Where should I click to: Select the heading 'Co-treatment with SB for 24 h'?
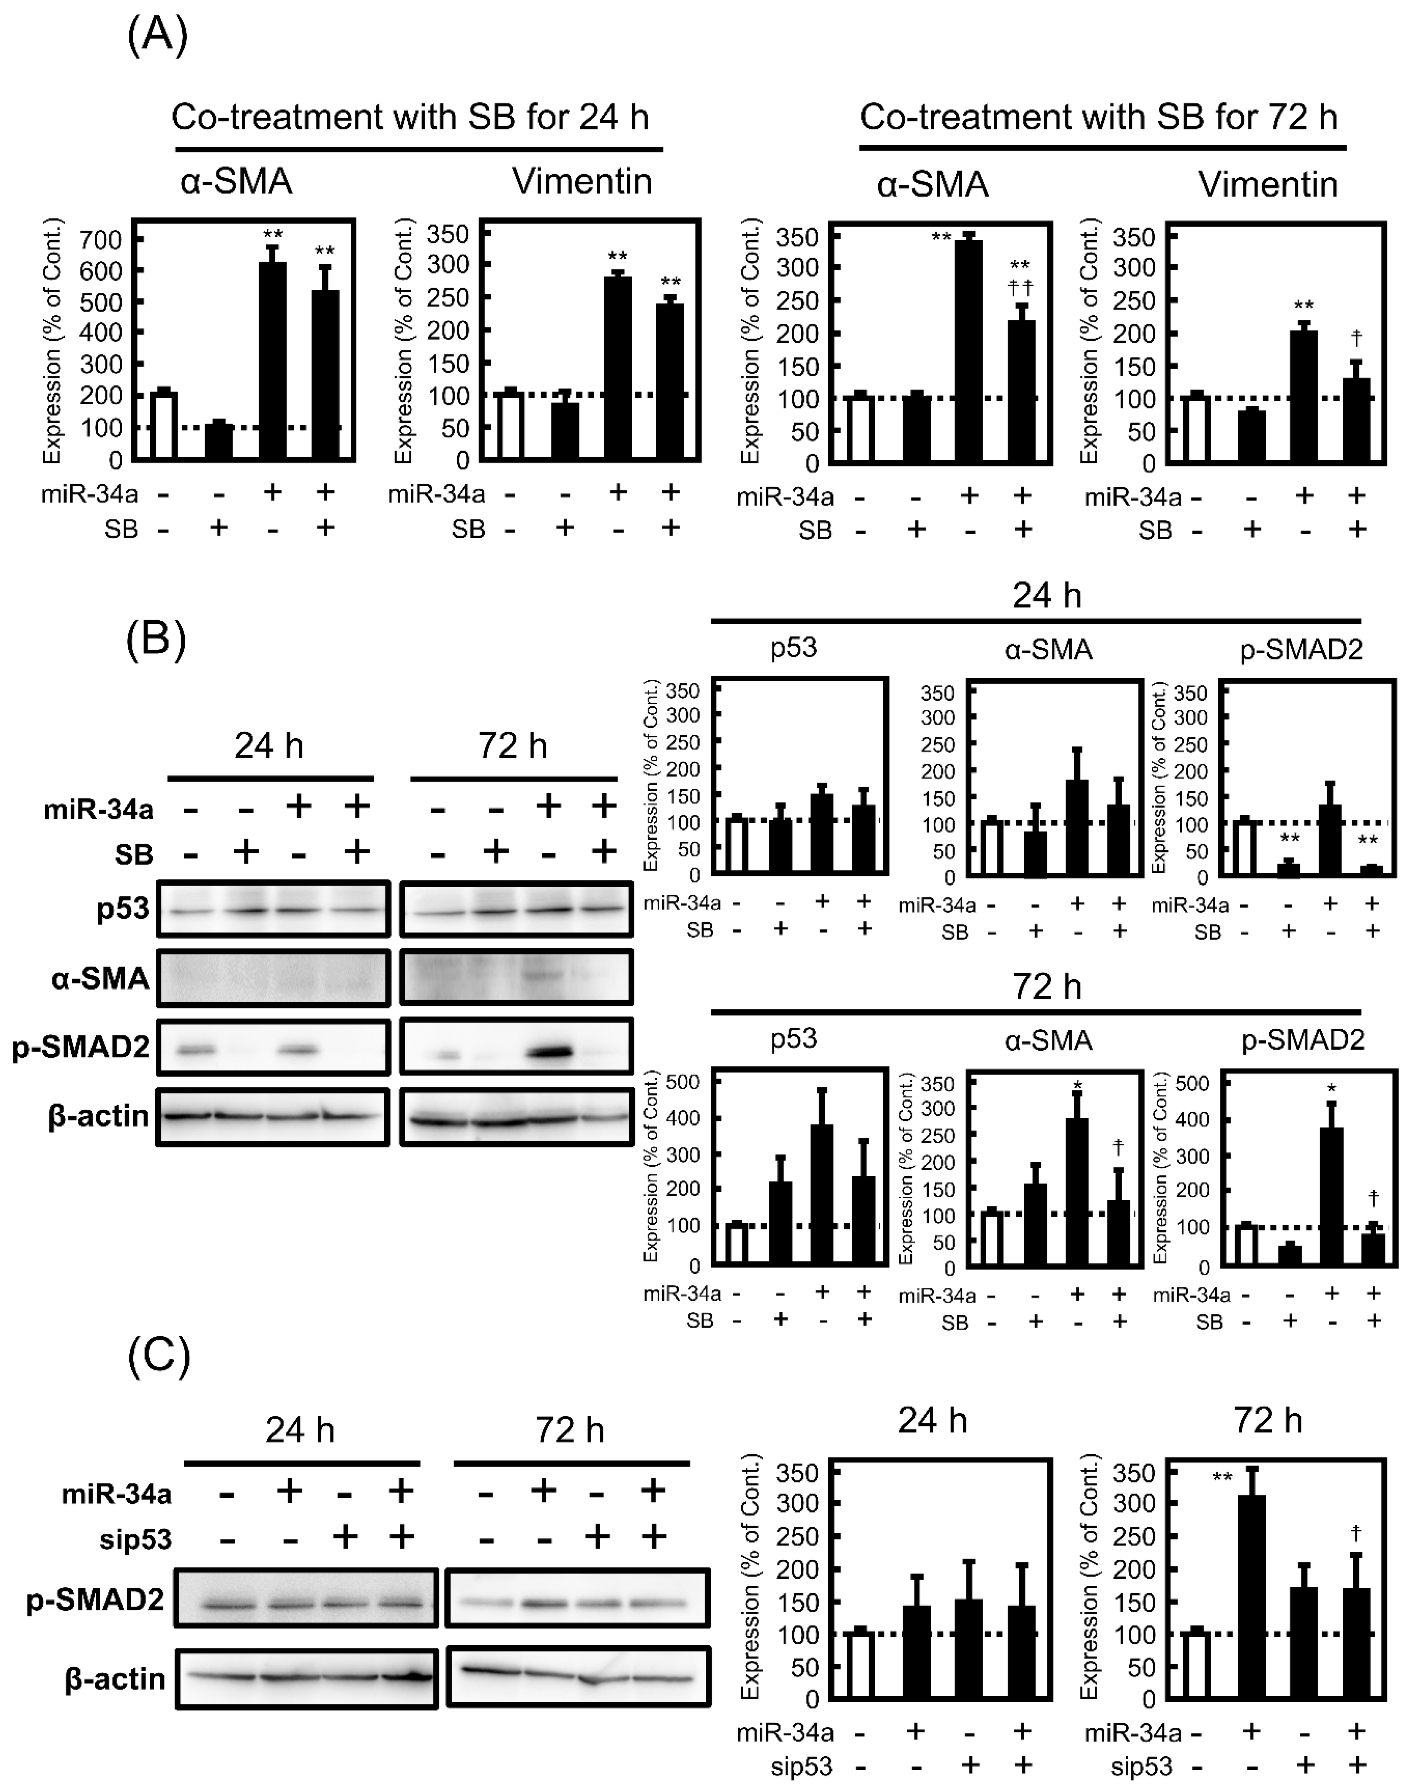410,117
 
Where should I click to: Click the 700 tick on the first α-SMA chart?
100,239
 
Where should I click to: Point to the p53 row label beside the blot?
123,908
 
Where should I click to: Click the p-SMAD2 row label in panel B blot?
81,1047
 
